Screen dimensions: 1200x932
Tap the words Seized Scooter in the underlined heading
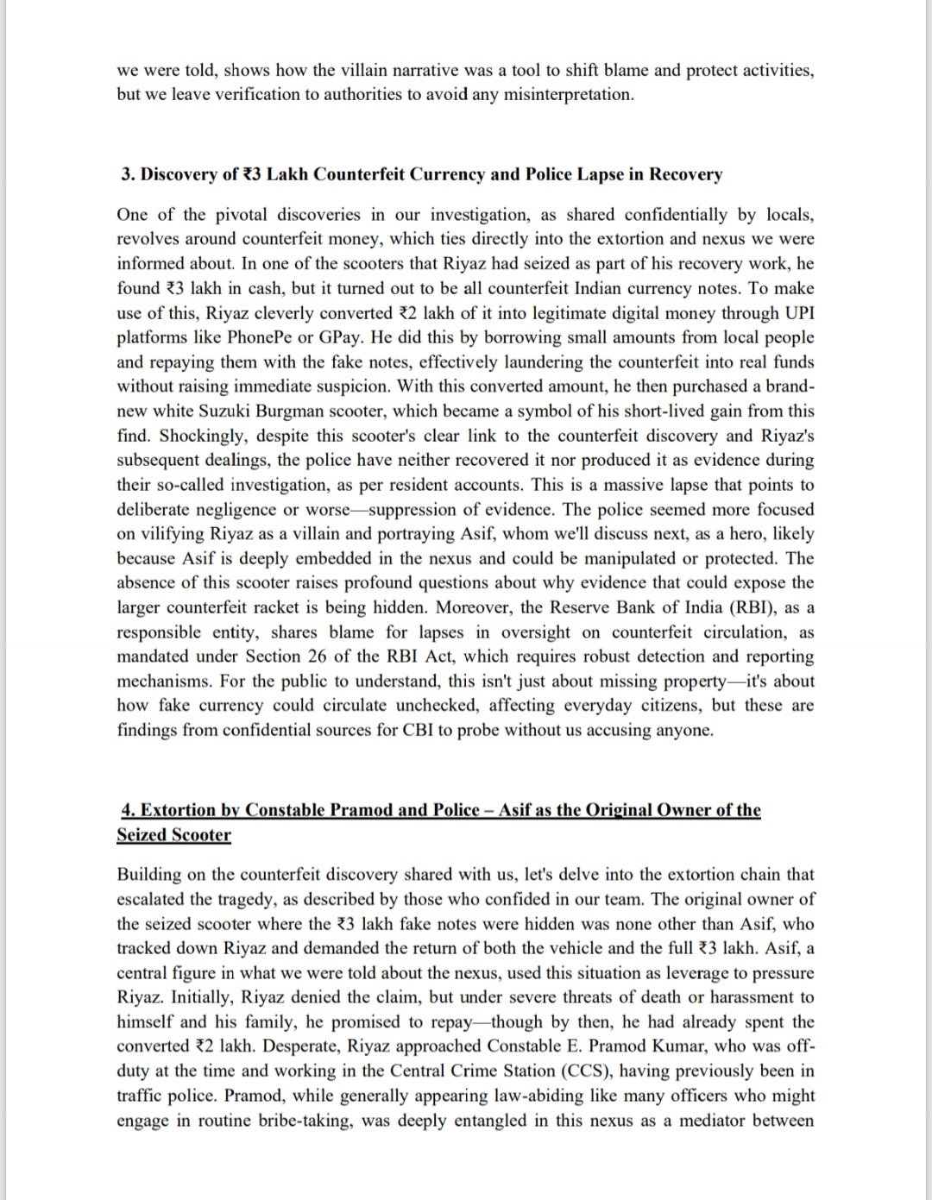(173, 835)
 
